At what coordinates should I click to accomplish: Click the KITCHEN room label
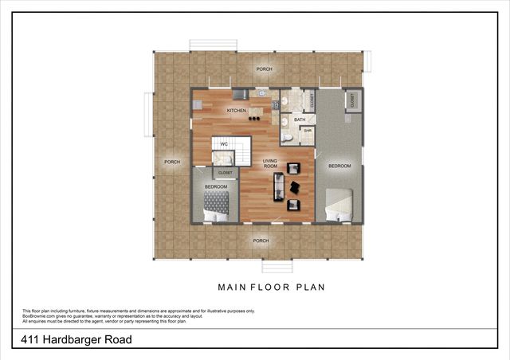[236, 110]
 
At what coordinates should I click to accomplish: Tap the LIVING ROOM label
[270, 163]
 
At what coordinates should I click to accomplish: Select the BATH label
[300, 119]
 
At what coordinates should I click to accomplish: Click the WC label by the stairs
[224, 144]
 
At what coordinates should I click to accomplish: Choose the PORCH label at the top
[264, 69]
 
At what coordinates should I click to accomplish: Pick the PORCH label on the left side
[171, 162]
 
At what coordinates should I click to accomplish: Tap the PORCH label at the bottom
[261, 240]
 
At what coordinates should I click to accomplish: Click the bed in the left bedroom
[215, 205]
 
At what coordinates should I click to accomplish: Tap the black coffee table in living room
[294, 186]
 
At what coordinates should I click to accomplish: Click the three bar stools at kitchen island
[254, 119]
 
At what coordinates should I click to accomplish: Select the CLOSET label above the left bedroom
[226, 172]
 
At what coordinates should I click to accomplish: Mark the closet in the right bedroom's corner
[351, 100]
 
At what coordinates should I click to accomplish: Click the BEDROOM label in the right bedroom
[339, 166]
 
